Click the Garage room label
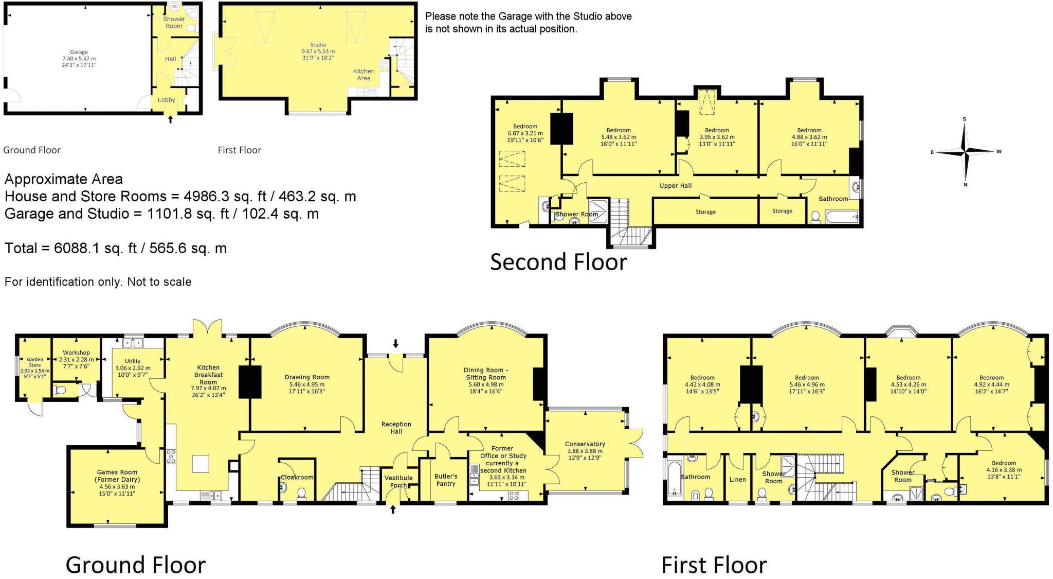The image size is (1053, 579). pyautogui.click(x=79, y=52)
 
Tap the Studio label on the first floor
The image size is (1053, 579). pyautogui.click(x=318, y=45)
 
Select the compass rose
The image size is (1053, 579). pyautogui.click(x=966, y=152)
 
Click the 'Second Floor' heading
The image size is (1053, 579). pyautogui.click(x=558, y=262)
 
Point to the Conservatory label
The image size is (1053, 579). pyautogui.click(x=585, y=444)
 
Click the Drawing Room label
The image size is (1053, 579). pyautogui.click(x=307, y=377)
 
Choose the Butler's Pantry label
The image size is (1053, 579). pyautogui.click(x=446, y=480)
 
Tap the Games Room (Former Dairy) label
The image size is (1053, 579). pyautogui.click(x=117, y=476)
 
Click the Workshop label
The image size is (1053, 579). pyautogui.click(x=76, y=353)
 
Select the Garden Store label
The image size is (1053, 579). pyautogui.click(x=35, y=362)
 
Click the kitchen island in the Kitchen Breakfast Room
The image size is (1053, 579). pyautogui.click(x=201, y=464)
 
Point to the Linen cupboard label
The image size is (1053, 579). pyautogui.click(x=737, y=479)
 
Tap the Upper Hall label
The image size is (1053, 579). pyautogui.click(x=676, y=186)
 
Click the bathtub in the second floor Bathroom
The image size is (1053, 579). pyautogui.click(x=842, y=217)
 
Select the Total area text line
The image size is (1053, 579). pyautogui.click(x=116, y=248)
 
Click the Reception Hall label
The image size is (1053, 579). pyautogui.click(x=396, y=428)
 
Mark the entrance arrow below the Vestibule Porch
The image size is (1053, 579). pyautogui.click(x=393, y=510)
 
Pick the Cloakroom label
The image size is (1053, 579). pyautogui.click(x=297, y=477)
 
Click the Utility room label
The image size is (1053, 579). pyautogui.click(x=133, y=361)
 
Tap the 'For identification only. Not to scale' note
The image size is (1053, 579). pyautogui.click(x=98, y=282)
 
